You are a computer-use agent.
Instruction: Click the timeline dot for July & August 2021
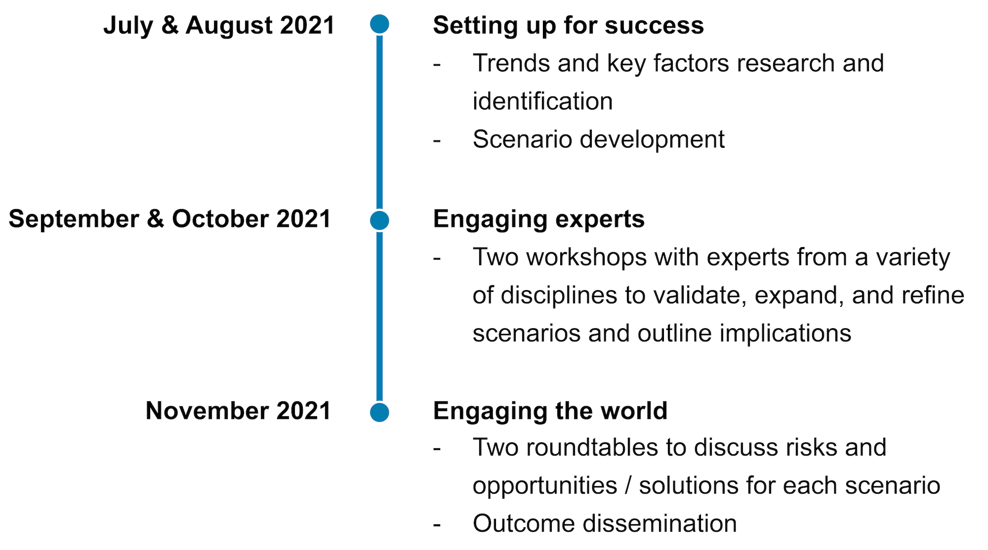(379, 24)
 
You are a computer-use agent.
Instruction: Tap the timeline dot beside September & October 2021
(379, 220)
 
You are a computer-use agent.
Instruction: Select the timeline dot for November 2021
(379, 412)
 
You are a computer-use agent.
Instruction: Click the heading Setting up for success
(568, 26)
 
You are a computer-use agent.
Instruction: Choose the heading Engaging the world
(550, 411)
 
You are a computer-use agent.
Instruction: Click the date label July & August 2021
(219, 25)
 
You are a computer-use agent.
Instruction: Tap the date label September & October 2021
(170, 219)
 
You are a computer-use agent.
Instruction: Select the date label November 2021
(238, 411)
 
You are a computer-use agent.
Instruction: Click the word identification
(542, 101)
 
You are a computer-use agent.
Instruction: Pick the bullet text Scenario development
(599, 139)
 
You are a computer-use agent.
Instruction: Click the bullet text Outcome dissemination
(605, 523)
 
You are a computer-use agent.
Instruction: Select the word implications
(785, 334)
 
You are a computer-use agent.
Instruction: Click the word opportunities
(545, 486)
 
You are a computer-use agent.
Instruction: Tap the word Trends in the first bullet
(511, 63)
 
